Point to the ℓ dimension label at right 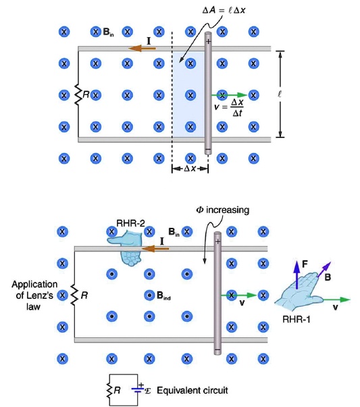pyautogui.click(x=297, y=95)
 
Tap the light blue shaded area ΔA pyautogui.click(x=188, y=95)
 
